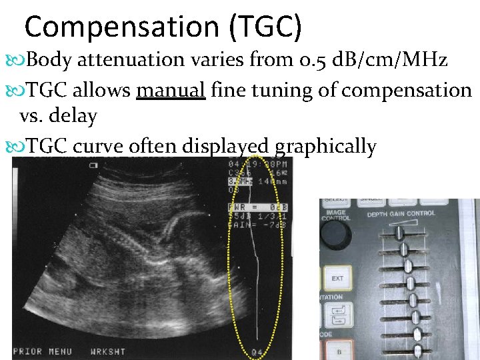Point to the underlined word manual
coord(170,89)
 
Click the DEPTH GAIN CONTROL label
coord(401,214)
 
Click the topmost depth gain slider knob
coord(399,232)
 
